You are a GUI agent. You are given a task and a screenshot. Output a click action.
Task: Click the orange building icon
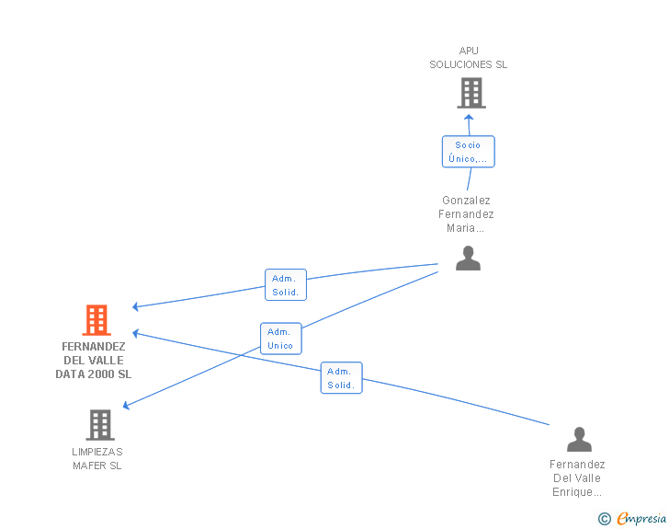96,319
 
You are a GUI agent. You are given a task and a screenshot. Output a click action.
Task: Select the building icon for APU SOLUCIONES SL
471,93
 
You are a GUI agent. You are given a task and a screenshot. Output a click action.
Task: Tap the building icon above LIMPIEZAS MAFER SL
100,425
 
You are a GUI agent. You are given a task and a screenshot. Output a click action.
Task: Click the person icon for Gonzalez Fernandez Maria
468,259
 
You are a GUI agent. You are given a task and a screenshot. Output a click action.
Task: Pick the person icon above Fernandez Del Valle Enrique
579,439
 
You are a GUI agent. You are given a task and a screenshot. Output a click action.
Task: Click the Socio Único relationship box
468,152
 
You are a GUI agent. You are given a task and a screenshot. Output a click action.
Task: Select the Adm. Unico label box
281,339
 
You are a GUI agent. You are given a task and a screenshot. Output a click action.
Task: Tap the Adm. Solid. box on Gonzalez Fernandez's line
286,285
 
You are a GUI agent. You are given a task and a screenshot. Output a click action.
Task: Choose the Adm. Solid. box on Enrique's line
341,378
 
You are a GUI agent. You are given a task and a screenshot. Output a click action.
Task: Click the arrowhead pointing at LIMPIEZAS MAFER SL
126,405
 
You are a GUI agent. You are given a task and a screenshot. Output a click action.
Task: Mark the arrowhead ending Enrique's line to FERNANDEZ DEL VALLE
135,333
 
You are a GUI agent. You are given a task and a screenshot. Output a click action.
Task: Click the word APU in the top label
469,51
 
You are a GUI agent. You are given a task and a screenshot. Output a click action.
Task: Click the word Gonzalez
466,201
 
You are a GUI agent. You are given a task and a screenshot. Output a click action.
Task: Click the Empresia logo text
641,518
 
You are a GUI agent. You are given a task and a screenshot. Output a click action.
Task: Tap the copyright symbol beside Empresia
604,519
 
